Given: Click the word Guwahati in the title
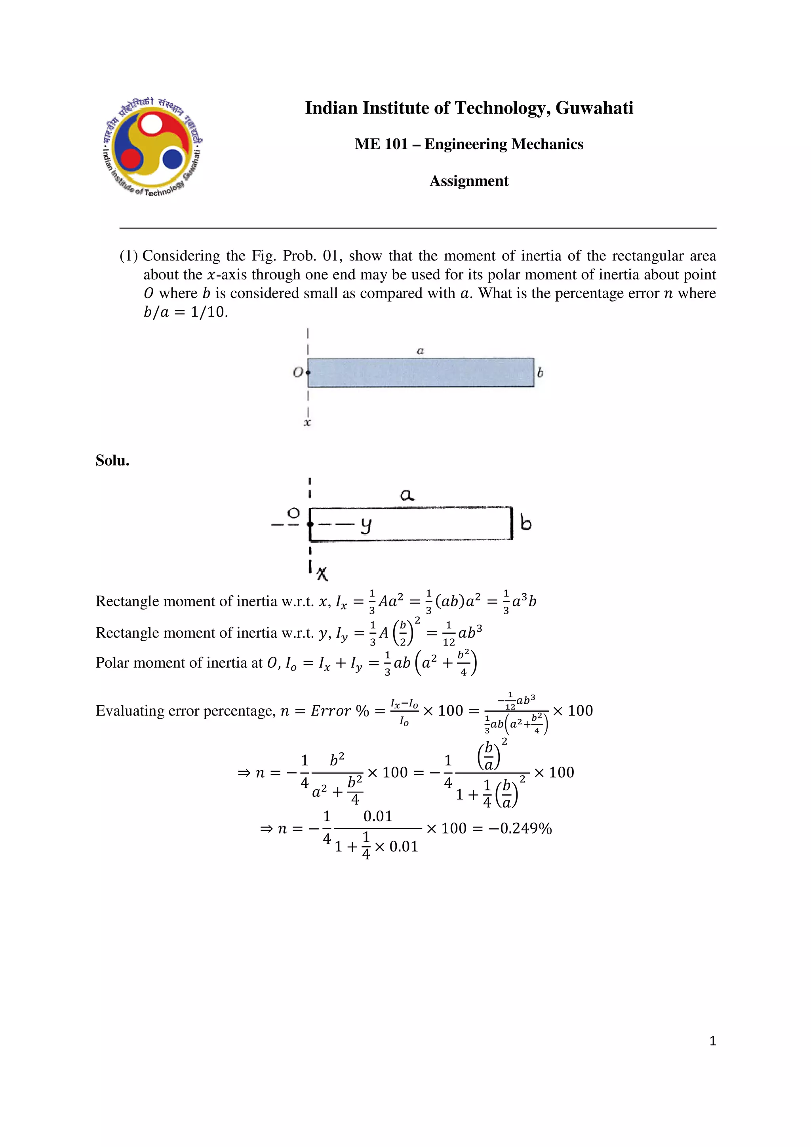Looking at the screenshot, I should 594,108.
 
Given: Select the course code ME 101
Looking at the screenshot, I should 381,144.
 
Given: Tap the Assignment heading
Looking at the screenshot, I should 469,181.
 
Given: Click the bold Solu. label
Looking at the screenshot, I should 112,461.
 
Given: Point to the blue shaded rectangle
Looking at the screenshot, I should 420,373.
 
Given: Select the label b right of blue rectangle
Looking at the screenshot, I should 540,373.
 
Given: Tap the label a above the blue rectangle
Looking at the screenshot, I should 420,351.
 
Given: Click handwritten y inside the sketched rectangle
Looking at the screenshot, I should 366,525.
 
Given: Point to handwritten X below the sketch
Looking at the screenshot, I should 323,573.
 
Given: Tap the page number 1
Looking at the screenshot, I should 712,1041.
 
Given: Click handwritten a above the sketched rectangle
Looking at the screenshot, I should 407,495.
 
